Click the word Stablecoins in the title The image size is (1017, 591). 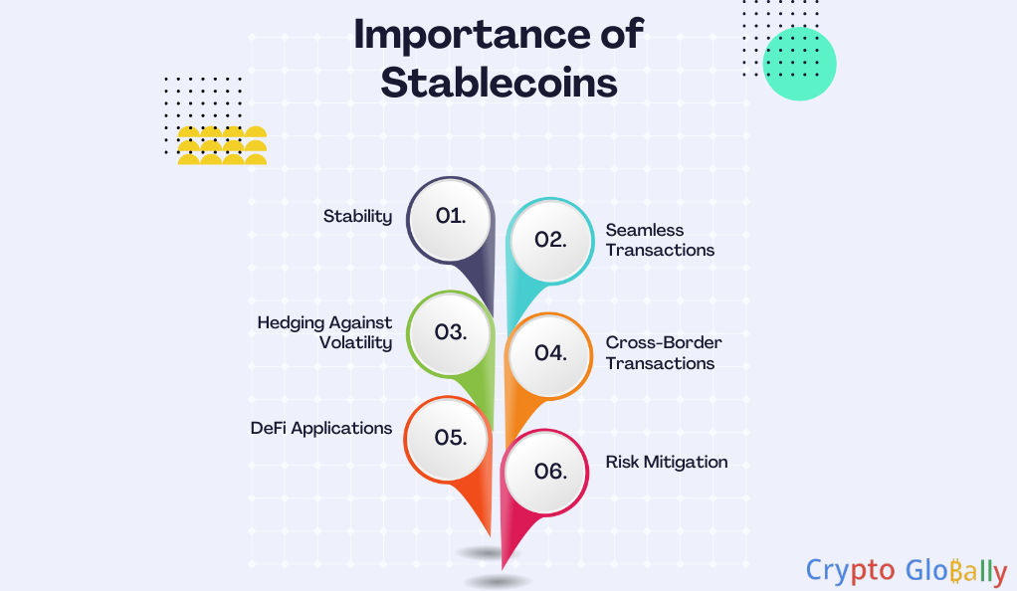click(x=499, y=83)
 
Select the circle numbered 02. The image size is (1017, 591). click(x=550, y=241)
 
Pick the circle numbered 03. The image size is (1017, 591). click(x=450, y=333)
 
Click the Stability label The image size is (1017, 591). click(x=357, y=217)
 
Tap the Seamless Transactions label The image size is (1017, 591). click(x=660, y=240)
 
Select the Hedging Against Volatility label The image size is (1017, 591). click(x=324, y=332)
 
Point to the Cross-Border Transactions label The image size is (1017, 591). click(x=664, y=353)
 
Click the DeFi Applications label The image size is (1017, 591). click(x=321, y=429)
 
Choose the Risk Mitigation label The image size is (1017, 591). click(x=666, y=462)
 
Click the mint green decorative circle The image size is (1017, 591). click(x=799, y=64)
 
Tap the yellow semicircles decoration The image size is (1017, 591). click(x=222, y=145)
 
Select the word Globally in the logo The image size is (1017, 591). click(x=956, y=571)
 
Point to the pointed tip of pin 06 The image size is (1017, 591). click(x=503, y=569)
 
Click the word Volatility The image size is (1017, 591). click(x=355, y=343)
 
